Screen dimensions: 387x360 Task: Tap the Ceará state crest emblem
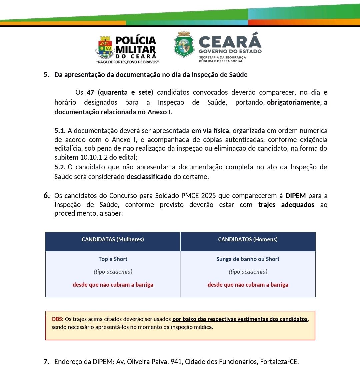point(184,45)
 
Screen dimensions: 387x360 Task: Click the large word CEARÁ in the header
point(230,41)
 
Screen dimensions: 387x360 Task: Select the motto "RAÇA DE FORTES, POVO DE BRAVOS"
point(127,62)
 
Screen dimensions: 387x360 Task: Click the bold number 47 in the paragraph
point(90,92)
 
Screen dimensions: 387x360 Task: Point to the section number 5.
point(46,75)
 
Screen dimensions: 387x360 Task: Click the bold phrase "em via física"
point(210,131)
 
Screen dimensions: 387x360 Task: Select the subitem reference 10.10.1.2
point(94,157)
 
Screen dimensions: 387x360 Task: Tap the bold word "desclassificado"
point(149,177)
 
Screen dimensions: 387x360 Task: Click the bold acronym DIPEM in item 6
point(296,196)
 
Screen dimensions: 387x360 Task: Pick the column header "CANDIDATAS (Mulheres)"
point(113,239)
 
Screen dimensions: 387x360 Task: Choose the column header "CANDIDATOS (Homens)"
point(248,239)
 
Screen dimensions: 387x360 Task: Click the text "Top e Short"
point(113,259)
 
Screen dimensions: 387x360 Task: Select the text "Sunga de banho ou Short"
point(248,259)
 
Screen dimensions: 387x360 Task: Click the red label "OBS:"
point(57,319)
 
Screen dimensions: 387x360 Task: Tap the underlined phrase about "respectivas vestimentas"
point(240,319)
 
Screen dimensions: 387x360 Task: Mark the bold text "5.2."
point(60,167)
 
